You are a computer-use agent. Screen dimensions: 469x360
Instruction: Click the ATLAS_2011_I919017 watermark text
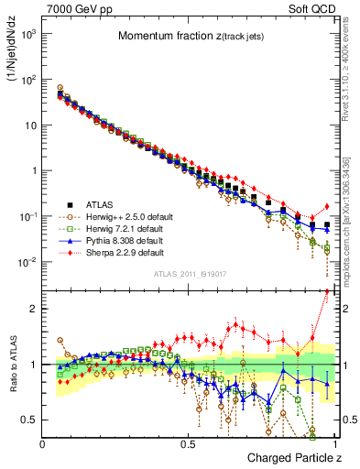pos(188,273)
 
